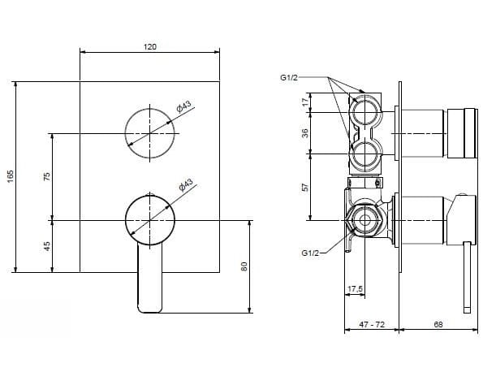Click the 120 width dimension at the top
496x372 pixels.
(x=149, y=47)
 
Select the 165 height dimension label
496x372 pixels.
(x=11, y=178)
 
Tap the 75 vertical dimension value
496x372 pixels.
(x=47, y=176)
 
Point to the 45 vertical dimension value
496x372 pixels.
(x=47, y=246)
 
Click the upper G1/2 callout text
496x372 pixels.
(x=289, y=77)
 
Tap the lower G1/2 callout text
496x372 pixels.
(x=310, y=253)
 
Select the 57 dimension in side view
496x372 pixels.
(x=305, y=187)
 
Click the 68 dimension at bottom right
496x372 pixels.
(x=438, y=324)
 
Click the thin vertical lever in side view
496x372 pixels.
(x=468, y=276)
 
